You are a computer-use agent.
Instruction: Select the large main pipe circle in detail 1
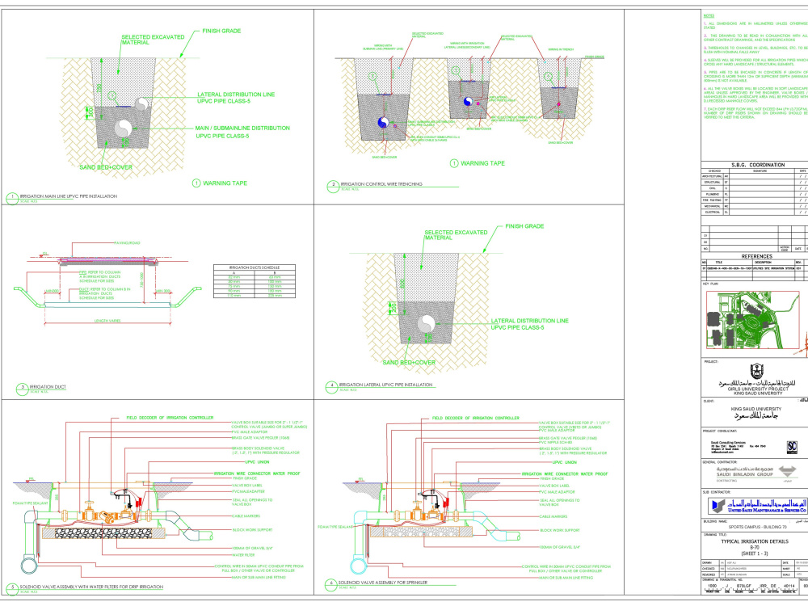125,129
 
